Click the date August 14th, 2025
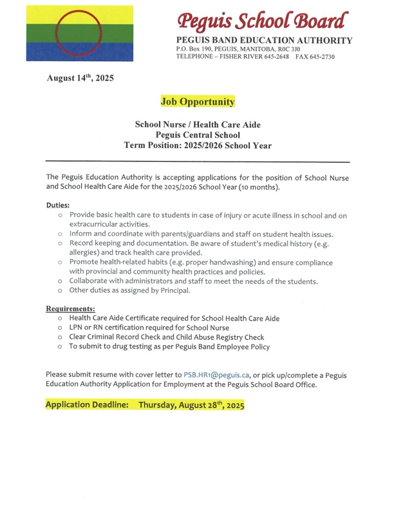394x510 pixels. (x=80, y=79)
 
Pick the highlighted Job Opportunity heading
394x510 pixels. (x=198, y=102)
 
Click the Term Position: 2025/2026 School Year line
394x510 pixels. (x=198, y=146)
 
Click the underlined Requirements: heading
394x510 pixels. (x=70, y=308)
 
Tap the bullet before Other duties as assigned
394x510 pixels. (x=59, y=291)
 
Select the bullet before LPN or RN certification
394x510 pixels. (x=59, y=328)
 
